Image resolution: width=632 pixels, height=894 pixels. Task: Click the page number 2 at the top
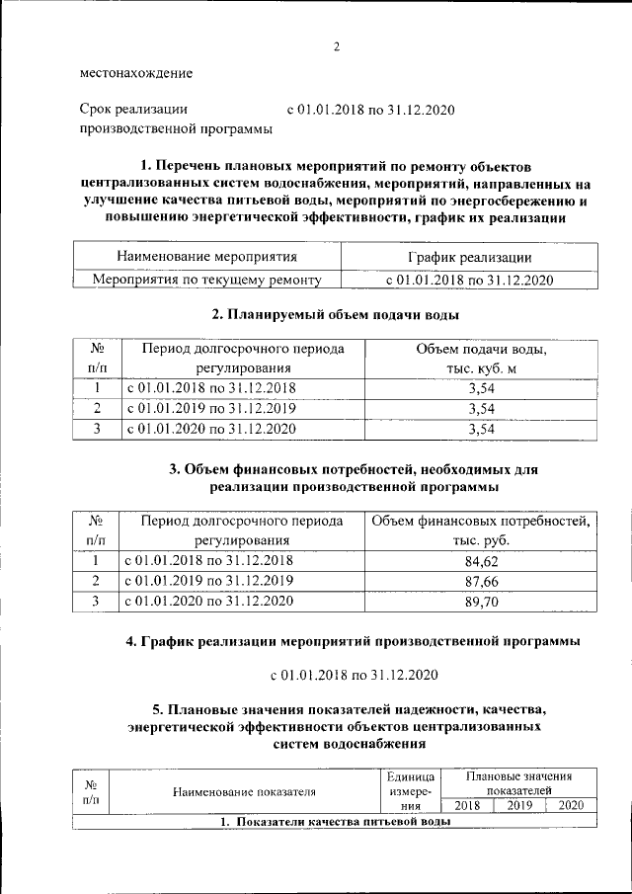pyautogui.click(x=336, y=46)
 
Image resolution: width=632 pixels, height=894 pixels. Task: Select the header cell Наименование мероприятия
pyautogui.click(x=207, y=257)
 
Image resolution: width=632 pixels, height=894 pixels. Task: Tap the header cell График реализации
pyautogui.click(x=469, y=257)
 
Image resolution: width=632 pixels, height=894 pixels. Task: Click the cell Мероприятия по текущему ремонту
pyautogui.click(x=207, y=280)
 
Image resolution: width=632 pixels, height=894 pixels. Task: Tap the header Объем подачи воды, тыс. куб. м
pyautogui.click(x=480, y=360)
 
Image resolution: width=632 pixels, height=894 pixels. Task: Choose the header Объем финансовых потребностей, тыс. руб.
pyautogui.click(x=480, y=530)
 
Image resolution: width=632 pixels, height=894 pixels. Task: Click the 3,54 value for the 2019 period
pyautogui.click(x=480, y=408)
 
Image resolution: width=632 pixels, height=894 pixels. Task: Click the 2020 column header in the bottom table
pyautogui.click(x=571, y=805)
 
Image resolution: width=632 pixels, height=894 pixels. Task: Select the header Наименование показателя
pyautogui.click(x=244, y=791)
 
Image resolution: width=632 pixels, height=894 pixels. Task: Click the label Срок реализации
pyautogui.click(x=133, y=110)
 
